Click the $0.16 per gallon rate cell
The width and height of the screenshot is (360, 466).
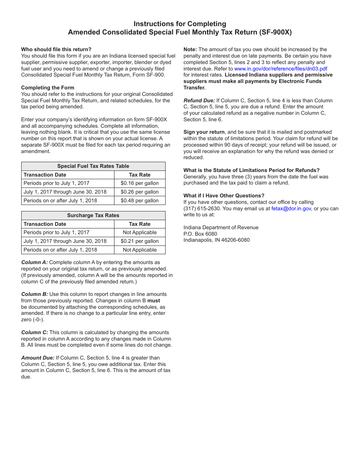139,183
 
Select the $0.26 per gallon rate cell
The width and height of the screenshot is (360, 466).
139,192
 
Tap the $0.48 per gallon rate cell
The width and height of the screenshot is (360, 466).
139,201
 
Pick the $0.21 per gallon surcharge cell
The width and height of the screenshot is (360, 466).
139,241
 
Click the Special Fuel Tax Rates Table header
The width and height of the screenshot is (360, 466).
93,166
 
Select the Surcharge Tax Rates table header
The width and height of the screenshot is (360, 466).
93,216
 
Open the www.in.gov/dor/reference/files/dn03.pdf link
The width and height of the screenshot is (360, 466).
280,69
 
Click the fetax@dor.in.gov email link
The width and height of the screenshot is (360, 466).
291,209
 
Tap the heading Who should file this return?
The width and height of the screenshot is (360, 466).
56,50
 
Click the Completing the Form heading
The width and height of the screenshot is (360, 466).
48,88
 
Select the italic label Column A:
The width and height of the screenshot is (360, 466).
34,263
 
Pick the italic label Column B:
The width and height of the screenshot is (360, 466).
34,294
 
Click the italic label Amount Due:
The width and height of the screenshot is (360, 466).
38,358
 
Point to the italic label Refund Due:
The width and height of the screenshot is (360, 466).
199,101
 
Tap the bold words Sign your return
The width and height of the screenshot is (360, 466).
204,132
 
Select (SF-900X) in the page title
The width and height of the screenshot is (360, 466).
275,33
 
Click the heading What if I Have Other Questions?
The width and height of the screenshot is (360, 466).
224,196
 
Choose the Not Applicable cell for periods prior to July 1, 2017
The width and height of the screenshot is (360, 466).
139,233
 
